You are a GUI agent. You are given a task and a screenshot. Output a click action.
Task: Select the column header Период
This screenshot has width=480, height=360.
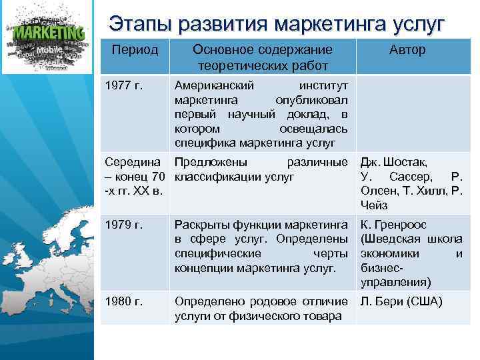tap(135, 51)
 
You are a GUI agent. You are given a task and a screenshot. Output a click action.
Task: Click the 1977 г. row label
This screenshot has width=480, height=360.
tap(125, 87)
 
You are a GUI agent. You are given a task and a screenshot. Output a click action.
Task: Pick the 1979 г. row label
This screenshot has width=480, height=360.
tap(125, 225)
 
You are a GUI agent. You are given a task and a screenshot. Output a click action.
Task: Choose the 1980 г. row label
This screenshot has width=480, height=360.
tap(125, 301)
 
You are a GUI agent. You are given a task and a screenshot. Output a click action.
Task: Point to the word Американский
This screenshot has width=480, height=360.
tap(212, 87)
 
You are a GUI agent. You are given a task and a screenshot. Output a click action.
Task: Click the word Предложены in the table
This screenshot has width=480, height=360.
tap(207, 162)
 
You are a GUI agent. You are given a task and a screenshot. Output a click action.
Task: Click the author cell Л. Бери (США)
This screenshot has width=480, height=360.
tap(401, 301)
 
